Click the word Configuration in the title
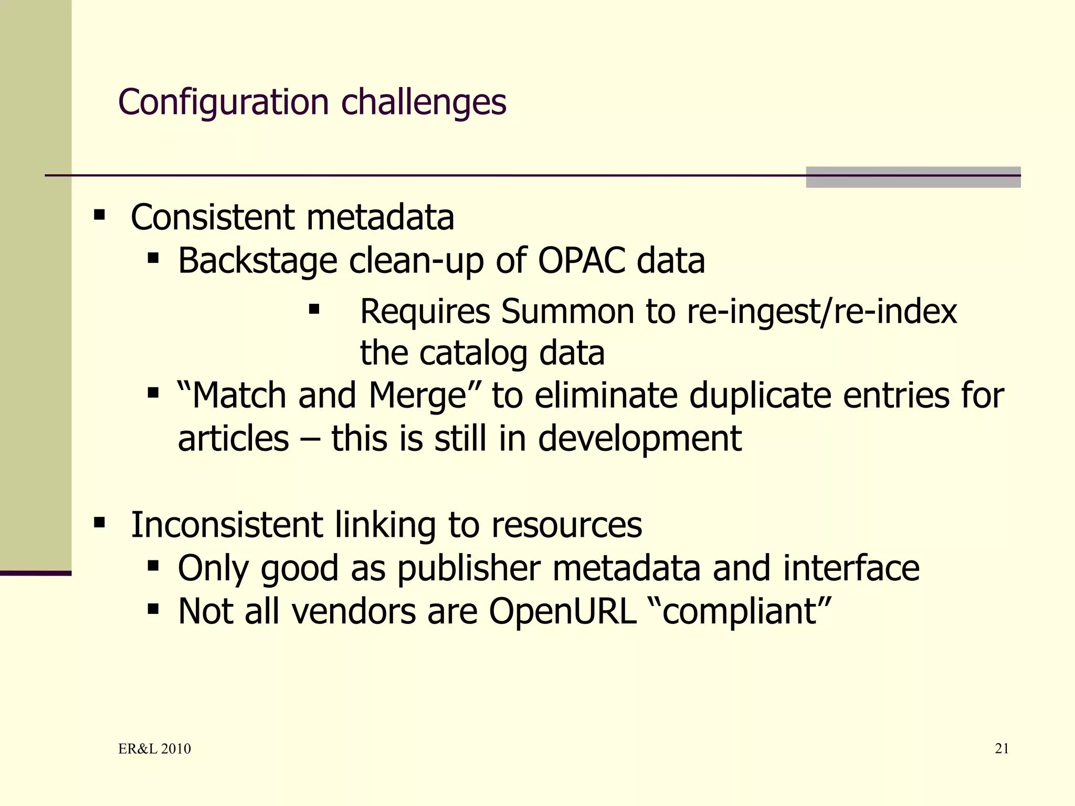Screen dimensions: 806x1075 (223, 102)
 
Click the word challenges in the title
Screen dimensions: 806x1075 (424, 102)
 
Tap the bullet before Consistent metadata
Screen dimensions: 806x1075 (99, 215)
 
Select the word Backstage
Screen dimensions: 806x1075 (257, 261)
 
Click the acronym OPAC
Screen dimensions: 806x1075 (582, 261)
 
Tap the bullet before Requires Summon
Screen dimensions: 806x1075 (314, 309)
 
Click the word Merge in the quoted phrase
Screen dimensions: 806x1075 (417, 395)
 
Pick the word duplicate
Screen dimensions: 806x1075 (760, 395)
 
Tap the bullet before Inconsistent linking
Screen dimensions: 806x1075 (99, 523)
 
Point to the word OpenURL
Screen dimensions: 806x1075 (562, 611)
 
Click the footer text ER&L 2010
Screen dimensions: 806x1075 (154, 749)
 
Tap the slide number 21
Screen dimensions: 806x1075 (1002, 749)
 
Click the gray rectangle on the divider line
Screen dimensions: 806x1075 (913, 177)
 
